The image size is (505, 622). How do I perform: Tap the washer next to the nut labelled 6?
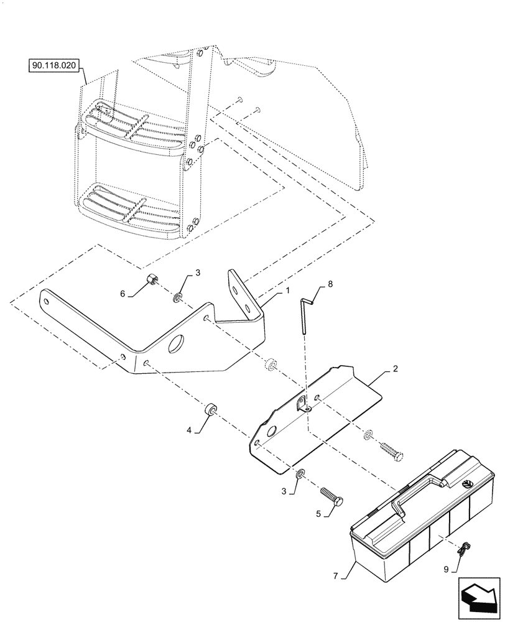point(178,299)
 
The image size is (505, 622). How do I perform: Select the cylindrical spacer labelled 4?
point(210,411)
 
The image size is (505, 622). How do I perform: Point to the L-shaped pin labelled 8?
point(305,315)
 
